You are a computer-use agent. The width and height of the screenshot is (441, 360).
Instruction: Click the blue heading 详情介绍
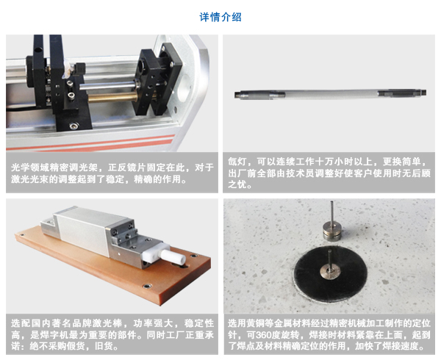point(220,17)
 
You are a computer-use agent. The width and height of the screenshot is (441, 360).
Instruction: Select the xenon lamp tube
point(331,94)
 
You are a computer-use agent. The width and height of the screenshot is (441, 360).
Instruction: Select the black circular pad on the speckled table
point(331,273)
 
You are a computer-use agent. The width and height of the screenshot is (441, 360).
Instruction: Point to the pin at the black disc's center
point(330,265)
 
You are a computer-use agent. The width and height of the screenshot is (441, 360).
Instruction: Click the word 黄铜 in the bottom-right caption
point(257,323)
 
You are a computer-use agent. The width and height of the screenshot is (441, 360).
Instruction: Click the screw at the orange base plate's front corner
point(147,287)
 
